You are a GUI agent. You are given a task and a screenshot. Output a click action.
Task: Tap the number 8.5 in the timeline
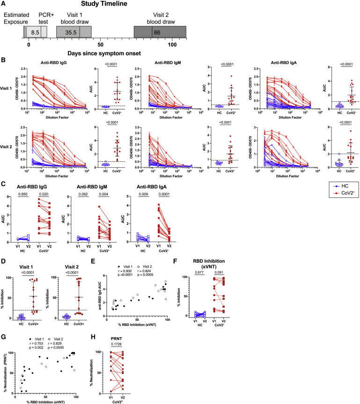tap(34, 32)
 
